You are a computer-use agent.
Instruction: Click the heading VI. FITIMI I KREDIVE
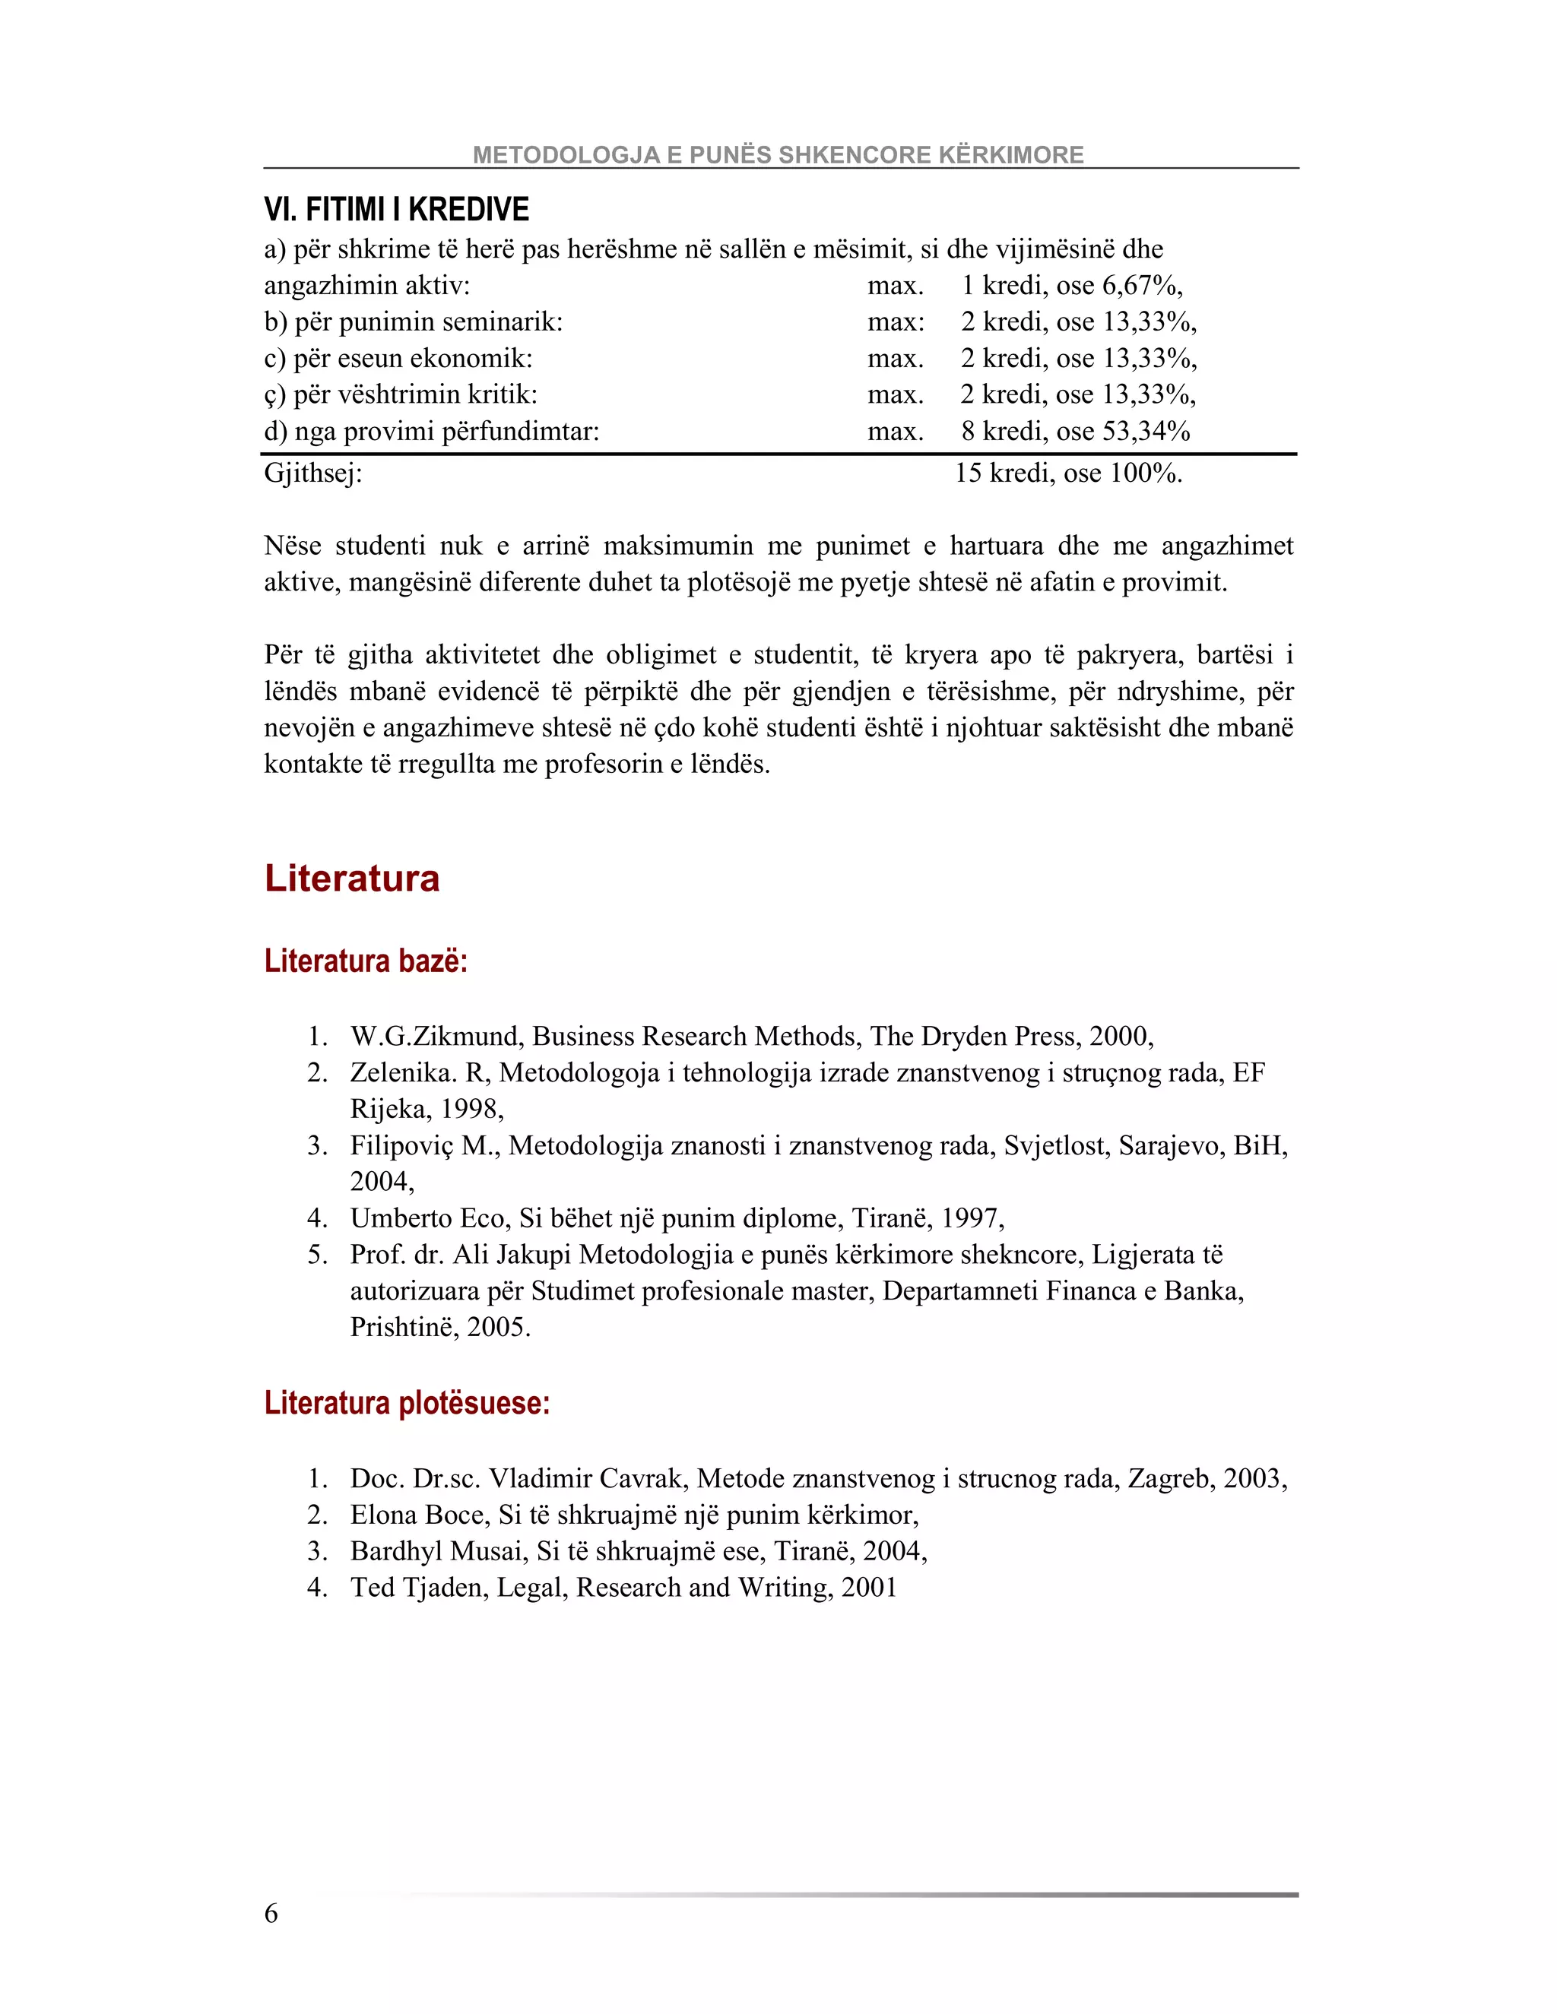point(397,211)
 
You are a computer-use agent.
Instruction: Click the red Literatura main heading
point(351,878)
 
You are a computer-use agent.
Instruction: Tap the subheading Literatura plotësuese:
point(407,1403)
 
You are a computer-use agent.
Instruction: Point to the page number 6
point(271,1914)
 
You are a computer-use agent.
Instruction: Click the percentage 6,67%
point(1141,286)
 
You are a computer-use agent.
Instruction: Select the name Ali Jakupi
point(511,1255)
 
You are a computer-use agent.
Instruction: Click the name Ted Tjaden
point(419,1588)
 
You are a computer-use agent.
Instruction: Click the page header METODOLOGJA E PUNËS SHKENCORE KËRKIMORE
point(778,155)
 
